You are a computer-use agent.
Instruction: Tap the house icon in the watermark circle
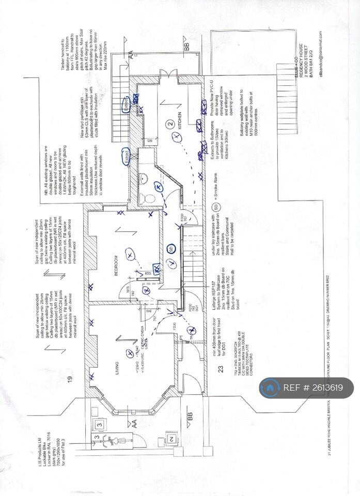[x=270, y=388]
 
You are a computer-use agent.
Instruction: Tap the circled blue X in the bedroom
[x=129, y=254]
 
